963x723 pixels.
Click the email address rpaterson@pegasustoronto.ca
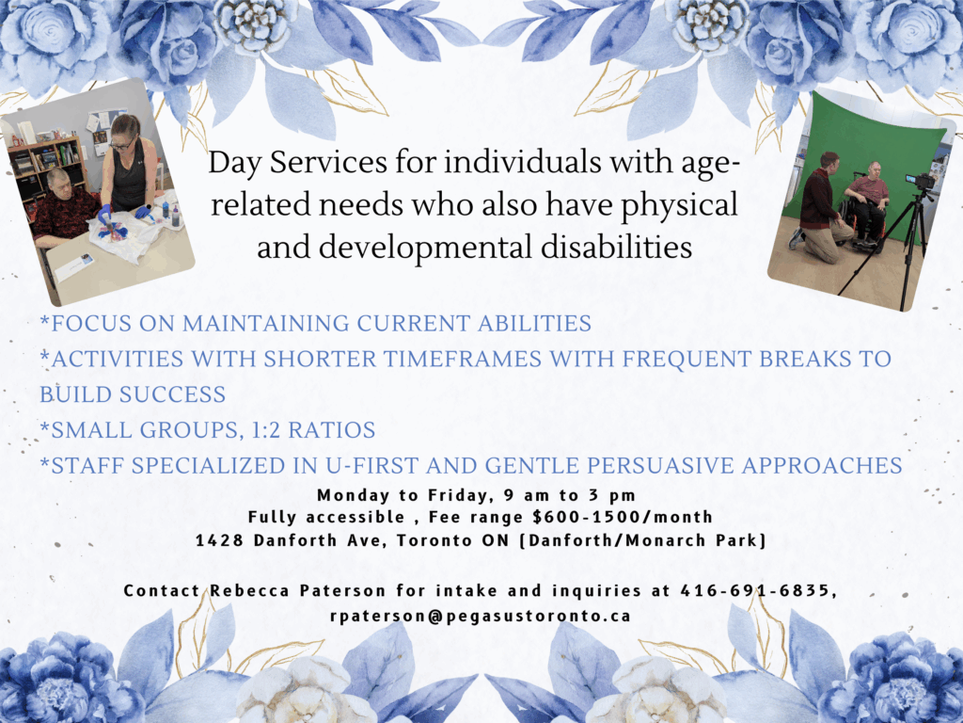(481, 616)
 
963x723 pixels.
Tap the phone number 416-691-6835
(755, 590)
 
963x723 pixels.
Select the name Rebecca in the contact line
(249, 590)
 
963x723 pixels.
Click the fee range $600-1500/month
(623, 517)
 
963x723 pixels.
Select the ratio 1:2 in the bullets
(265, 429)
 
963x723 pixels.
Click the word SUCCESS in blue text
(172, 394)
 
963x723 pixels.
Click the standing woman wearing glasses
(127, 169)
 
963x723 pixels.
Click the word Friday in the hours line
(458, 495)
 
